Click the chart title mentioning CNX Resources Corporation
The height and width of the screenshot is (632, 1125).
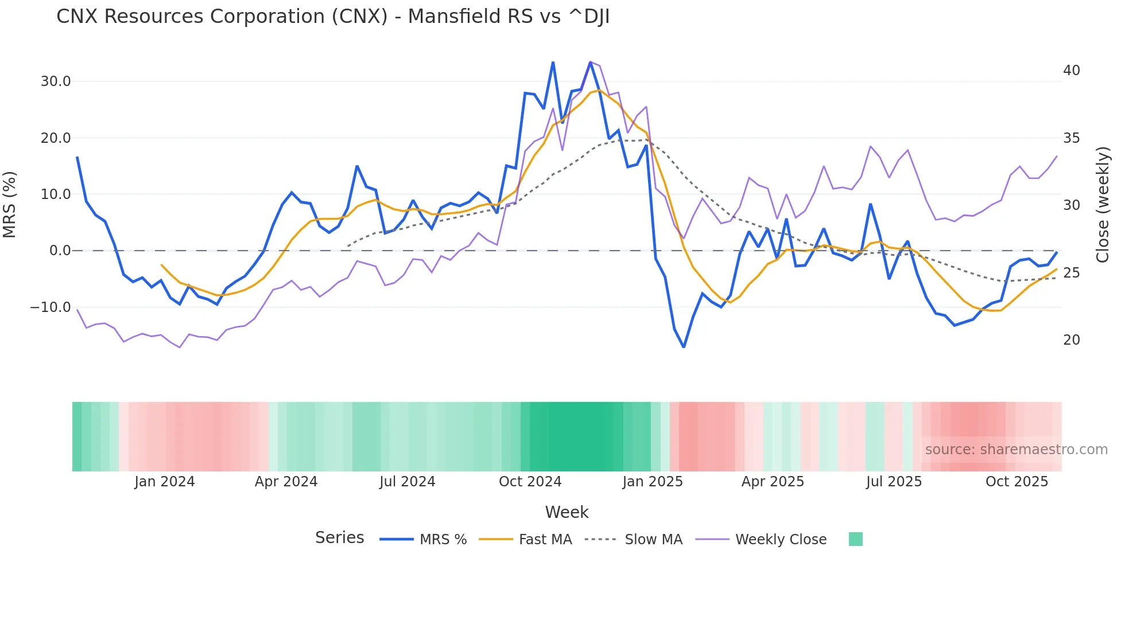coord(333,17)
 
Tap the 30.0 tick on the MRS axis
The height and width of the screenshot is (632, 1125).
coord(56,81)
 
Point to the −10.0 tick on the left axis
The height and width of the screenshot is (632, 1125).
coord(51,307)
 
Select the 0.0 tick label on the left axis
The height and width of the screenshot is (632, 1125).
coord(60,251)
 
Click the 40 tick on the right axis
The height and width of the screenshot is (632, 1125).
coord(1071,71)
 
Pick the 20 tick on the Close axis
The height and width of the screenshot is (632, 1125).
coord(1071,340)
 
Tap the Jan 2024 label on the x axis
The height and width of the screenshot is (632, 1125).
coord(165,482)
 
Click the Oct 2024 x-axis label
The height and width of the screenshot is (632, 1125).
coord(530,482)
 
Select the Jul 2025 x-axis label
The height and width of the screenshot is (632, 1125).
coord(894,482)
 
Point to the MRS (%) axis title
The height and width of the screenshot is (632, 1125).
coord(10,205)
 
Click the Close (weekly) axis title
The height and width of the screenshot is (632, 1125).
coord(1103,205)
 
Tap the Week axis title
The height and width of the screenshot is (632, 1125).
coord(567,512)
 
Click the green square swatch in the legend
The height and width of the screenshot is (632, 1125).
coord(855,539)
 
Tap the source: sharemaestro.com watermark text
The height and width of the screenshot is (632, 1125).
coord(1016,450)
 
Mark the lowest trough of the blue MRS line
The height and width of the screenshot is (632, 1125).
coord(684,347)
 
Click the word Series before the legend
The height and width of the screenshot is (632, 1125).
coord(339,538)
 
